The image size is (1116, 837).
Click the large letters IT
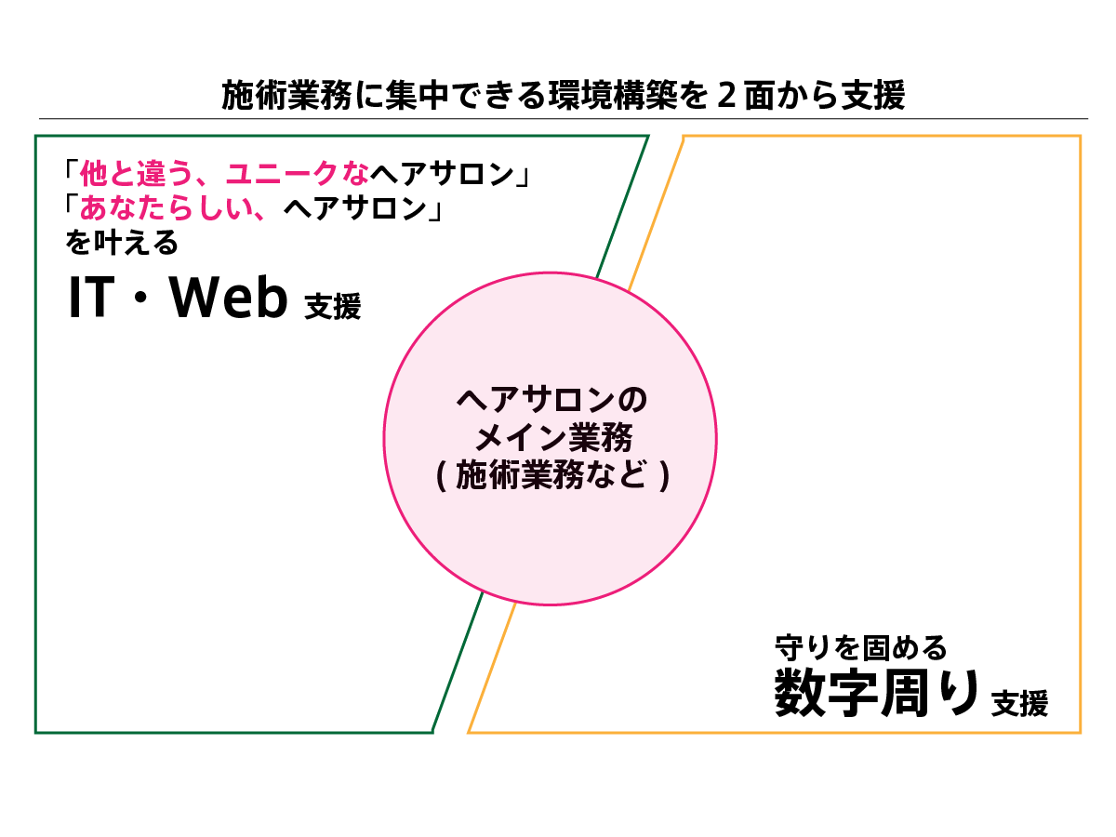point(91,299)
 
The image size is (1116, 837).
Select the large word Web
point(229,299)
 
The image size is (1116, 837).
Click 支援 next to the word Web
point(332,307)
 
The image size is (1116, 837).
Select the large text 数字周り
point(877,694)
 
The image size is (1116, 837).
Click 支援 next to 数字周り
point(1019,703)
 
